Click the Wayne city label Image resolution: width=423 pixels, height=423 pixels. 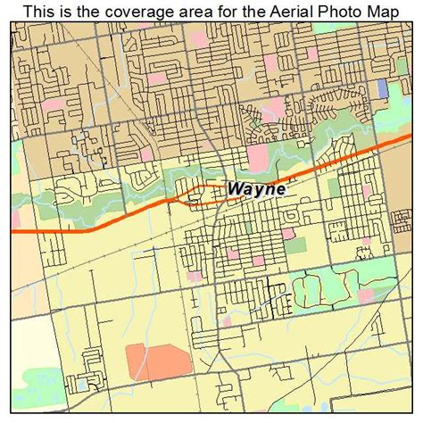[x=256, y=188]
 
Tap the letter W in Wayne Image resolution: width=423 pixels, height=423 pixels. [x=236, y=188]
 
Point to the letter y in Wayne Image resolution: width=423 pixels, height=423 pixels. [x=257, y=190]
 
